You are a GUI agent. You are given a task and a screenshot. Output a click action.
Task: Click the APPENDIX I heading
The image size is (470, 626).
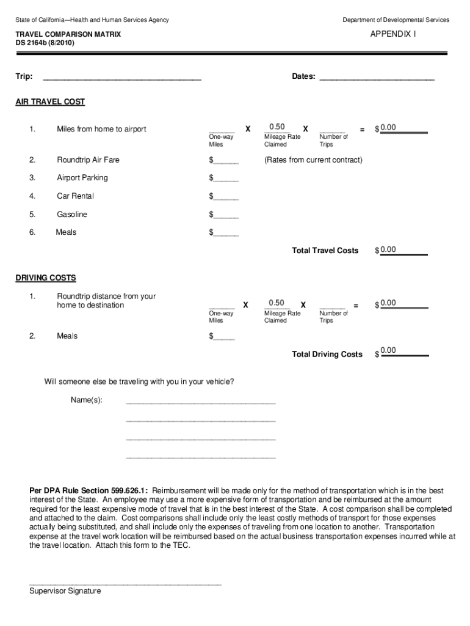click(392, 35)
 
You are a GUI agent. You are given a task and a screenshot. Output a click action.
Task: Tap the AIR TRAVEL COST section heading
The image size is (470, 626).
click(50, 102)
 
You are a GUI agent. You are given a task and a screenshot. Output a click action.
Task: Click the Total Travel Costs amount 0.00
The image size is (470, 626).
click(388, 249)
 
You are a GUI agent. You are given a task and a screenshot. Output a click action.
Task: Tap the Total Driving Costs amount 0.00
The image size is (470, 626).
click(388, 350)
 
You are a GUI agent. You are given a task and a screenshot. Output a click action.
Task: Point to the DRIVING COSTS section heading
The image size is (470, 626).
click(46, 278)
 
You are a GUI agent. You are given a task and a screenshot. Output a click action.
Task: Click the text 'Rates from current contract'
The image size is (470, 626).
click(313, 160)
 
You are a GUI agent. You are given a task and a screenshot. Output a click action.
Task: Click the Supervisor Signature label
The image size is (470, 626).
click(65, 591)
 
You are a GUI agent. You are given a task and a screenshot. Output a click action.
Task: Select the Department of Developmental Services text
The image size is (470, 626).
click(396, 20)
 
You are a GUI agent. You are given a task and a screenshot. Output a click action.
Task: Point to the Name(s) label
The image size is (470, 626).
click(86, 400)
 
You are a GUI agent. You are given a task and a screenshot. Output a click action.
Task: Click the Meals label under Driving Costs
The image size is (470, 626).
click(67, 336)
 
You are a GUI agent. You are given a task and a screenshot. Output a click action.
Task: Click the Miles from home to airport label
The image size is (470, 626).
click(101, 129)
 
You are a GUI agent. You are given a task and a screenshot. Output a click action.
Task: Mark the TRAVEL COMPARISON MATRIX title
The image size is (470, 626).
click(68, 35)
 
